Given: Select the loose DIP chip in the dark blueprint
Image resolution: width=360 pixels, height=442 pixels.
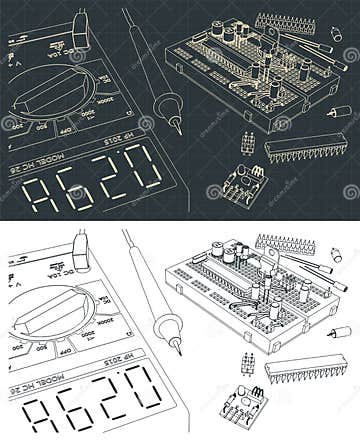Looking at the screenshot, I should (x=305, y=147).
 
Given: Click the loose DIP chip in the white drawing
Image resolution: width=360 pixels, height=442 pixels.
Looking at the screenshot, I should (x=305, y=367).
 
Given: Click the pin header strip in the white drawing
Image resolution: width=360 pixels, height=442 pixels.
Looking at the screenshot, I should (x=285, y=243).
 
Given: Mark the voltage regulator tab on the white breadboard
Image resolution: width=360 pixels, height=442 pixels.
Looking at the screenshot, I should (x=270, y=256).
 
